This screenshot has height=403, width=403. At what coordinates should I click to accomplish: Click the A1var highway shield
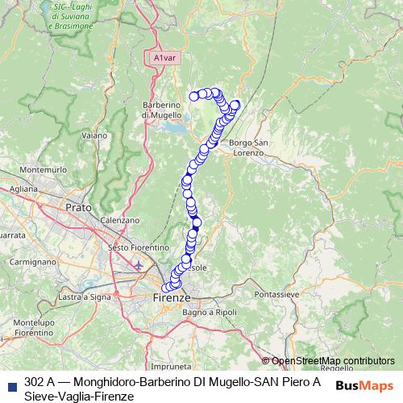coord(163,58)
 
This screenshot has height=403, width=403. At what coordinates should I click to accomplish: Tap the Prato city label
coord(78,207)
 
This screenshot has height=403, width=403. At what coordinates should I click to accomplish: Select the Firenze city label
coord(171,297)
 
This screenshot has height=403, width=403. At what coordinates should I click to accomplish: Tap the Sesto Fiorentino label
coord(139,247)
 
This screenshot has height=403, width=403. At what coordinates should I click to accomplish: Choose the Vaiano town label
coord(94,135)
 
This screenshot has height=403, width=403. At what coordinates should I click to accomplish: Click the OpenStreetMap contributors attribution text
coord(332,361)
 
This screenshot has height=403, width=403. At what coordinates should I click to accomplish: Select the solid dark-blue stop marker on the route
coord(196,223)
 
